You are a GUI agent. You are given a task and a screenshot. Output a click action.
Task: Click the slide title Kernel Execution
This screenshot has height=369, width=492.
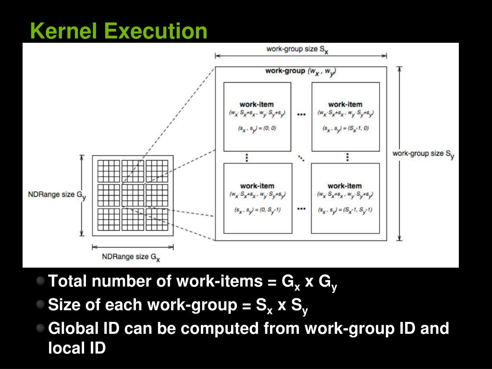click(x=118, y=31)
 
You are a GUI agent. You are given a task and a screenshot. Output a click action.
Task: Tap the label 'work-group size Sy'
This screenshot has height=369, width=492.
click(x=423, y=154)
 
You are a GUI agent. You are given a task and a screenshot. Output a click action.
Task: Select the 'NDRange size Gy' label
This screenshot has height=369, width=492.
click(x=57, y=195)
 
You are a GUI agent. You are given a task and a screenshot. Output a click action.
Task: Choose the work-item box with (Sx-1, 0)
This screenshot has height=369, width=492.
click(x=345, y=117)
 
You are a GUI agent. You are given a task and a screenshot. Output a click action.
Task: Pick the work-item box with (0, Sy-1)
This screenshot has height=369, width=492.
click(x=257, y=198)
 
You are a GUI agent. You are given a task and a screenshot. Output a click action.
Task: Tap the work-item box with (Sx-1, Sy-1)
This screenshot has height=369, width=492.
click(x=345, y=198)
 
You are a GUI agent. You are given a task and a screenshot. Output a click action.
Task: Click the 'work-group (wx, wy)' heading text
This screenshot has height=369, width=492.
click(x=300, y=71)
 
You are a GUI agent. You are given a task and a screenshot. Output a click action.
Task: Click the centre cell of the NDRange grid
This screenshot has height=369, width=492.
click(x=133, y=195)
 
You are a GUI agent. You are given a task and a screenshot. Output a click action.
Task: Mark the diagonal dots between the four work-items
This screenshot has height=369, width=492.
click(x=301, y=157)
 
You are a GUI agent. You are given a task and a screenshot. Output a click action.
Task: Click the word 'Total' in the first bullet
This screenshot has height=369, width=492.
click(x=68, y=281)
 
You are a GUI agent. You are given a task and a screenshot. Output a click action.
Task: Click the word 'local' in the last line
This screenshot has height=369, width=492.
click(x=65, y=347)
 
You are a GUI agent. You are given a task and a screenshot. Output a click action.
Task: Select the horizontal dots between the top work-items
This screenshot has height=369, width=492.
click(x=301, y=115)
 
